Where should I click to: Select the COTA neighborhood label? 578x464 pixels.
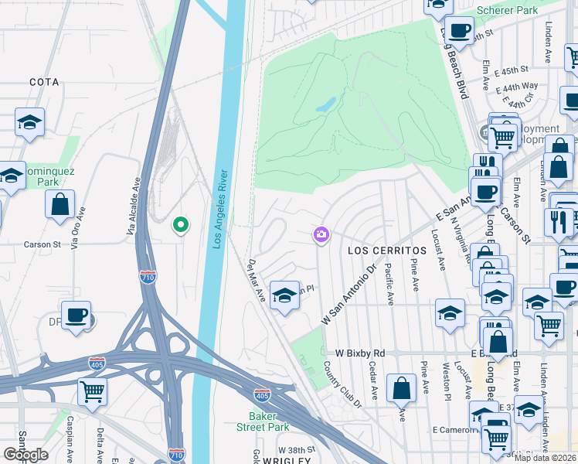(x=44, y=81)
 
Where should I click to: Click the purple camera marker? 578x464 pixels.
(x=321, y=234)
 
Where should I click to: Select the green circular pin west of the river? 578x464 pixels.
(x=180, y=225)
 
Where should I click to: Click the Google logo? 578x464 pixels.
(x=25, y=455)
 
